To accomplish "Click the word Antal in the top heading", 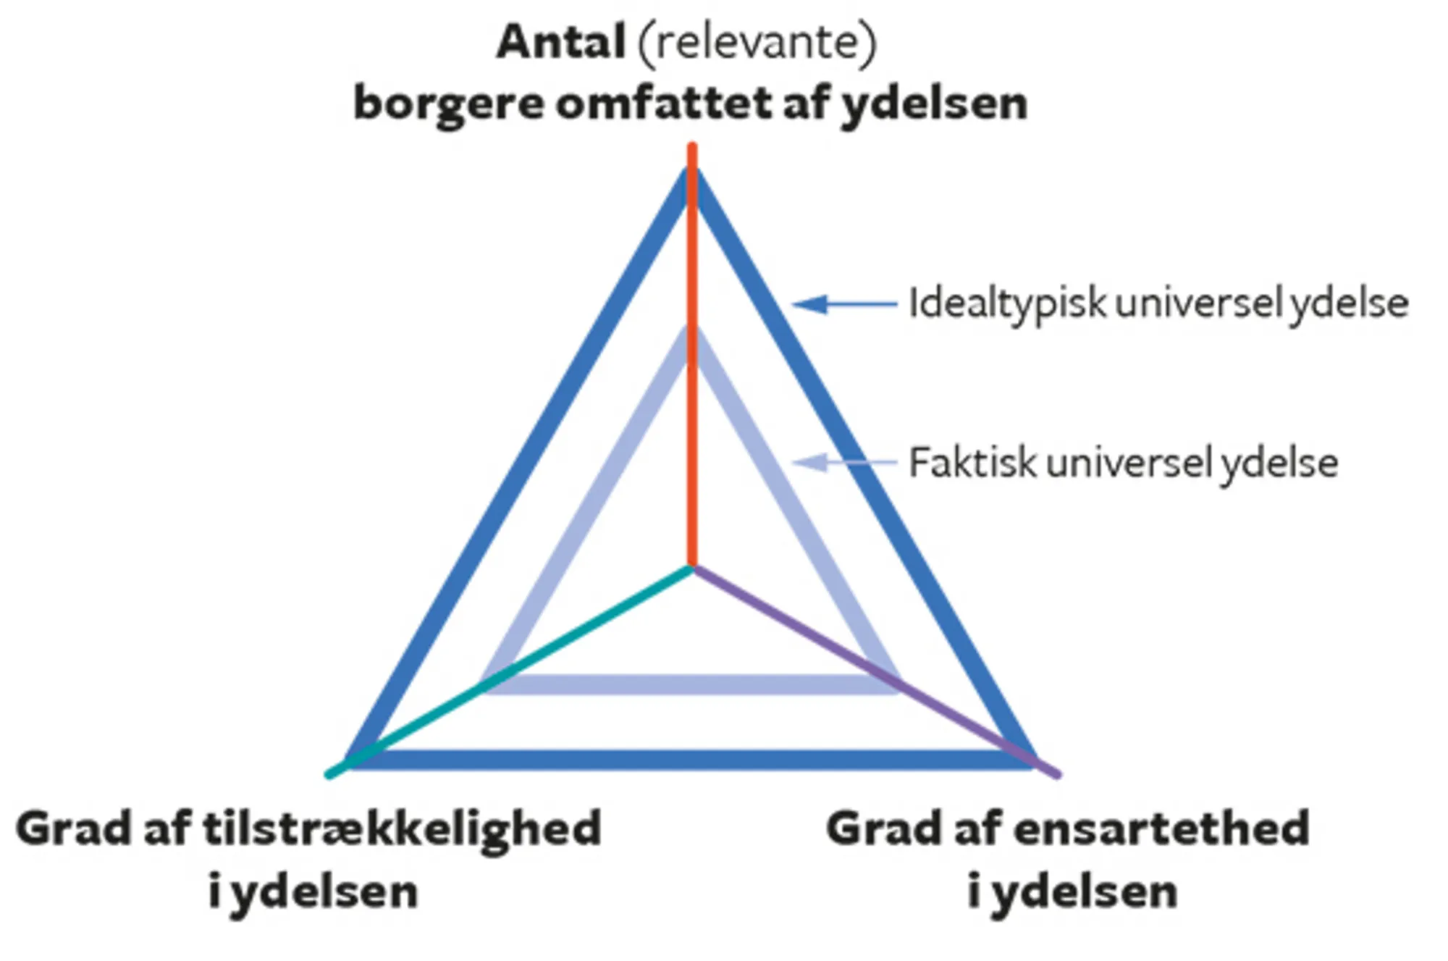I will (x=560, y=42).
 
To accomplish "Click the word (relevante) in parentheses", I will (x=757, y=42).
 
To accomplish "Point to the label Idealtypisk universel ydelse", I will (x=1158, y=303).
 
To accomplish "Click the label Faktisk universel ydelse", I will (x=1123, y=463).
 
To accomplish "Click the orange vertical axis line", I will (x=692, y=449).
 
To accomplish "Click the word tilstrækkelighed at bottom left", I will (x=402, y=829).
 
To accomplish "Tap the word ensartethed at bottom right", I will (x=1161, y=829).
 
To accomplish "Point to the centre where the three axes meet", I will (x=692, y=568).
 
